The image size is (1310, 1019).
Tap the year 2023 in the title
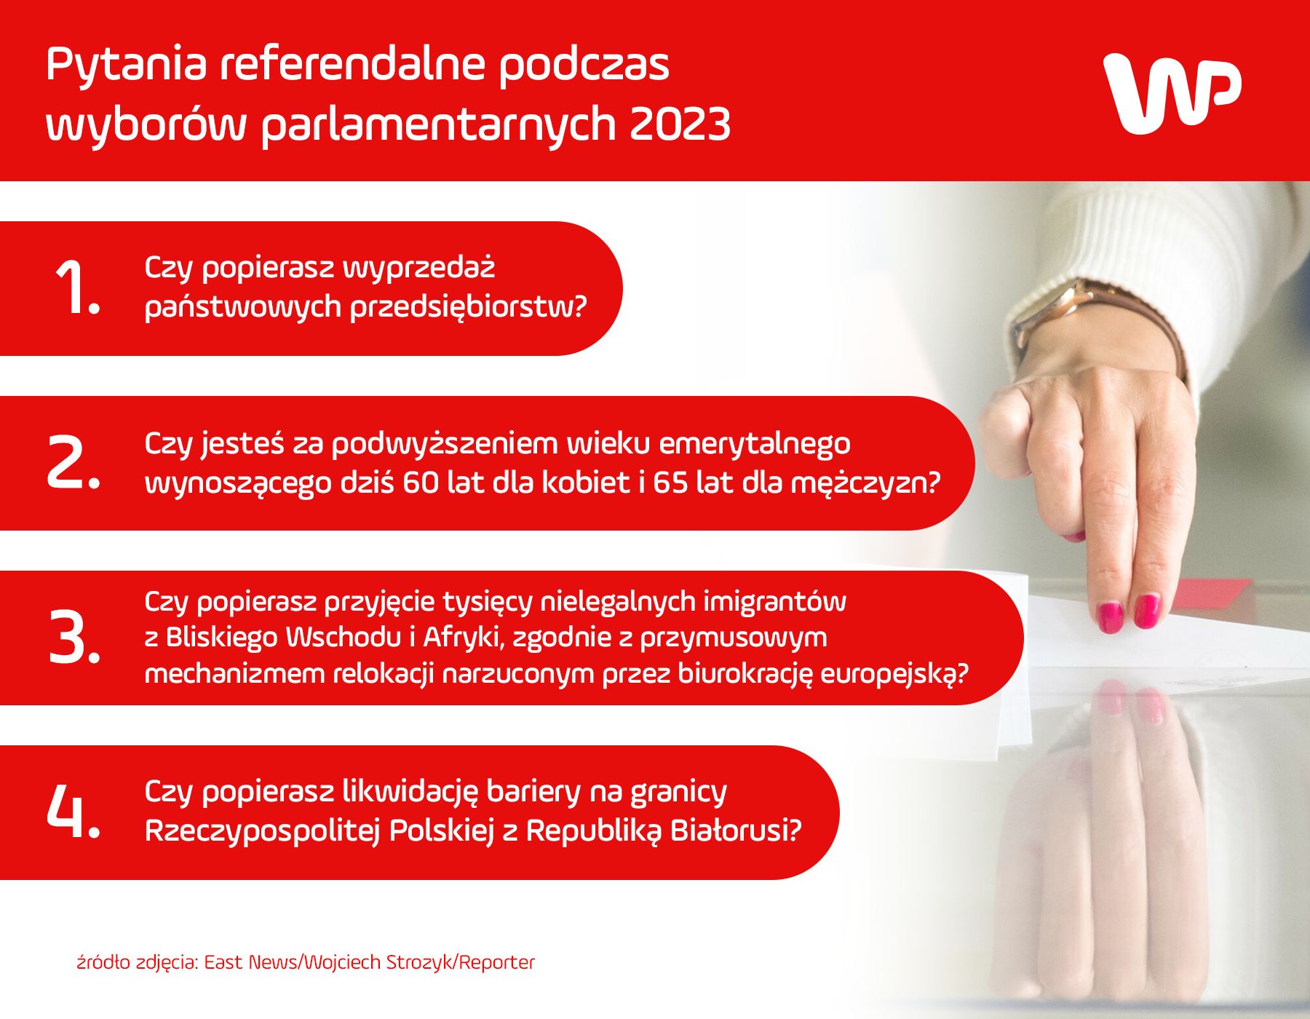(680, 124)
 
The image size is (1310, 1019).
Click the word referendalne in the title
(352, 64)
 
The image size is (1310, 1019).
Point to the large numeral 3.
(72, 638)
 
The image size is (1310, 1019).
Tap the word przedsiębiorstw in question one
(468, 306)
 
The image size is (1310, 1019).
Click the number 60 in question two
(421, 483)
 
